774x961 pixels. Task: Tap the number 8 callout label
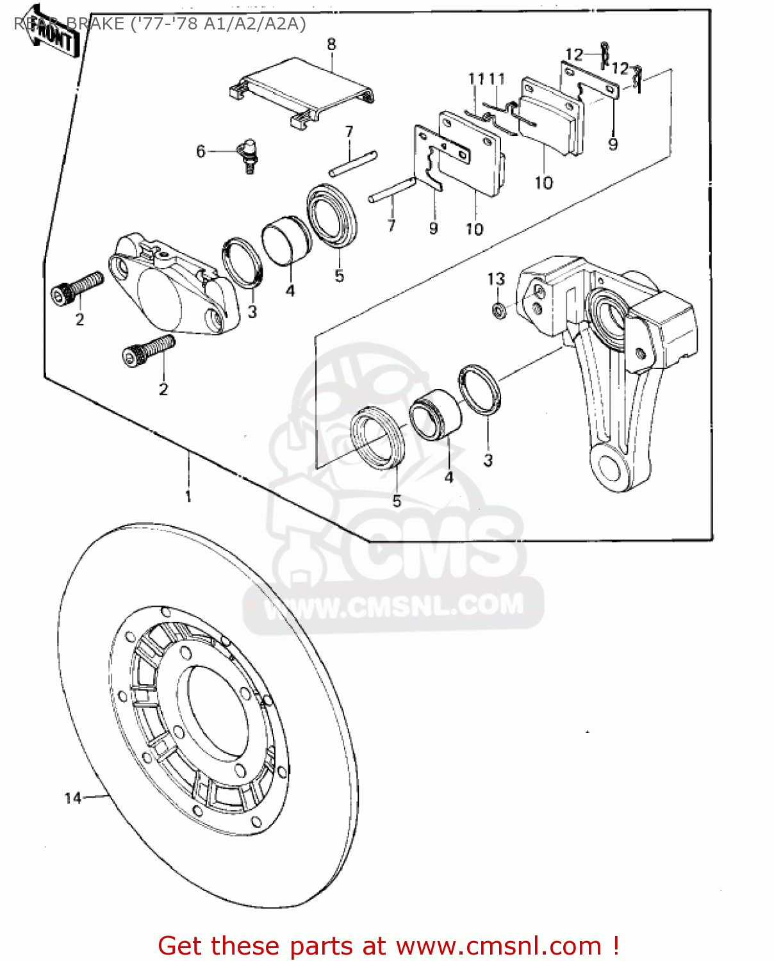click(x=331, y=44)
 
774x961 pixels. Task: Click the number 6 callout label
click(x=201, y=151)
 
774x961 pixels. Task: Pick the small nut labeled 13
click(x=498, y=311)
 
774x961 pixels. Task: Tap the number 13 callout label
click(x=496, y=279)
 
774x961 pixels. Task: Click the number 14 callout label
click(x=73, y=798)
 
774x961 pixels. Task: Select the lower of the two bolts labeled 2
click(x=148, y=350)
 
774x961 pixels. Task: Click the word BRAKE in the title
click(x=95, y=24)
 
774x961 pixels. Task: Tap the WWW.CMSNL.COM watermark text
click(x=393, y=606)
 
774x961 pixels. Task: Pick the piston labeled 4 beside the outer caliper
click(x=286, y=239)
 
